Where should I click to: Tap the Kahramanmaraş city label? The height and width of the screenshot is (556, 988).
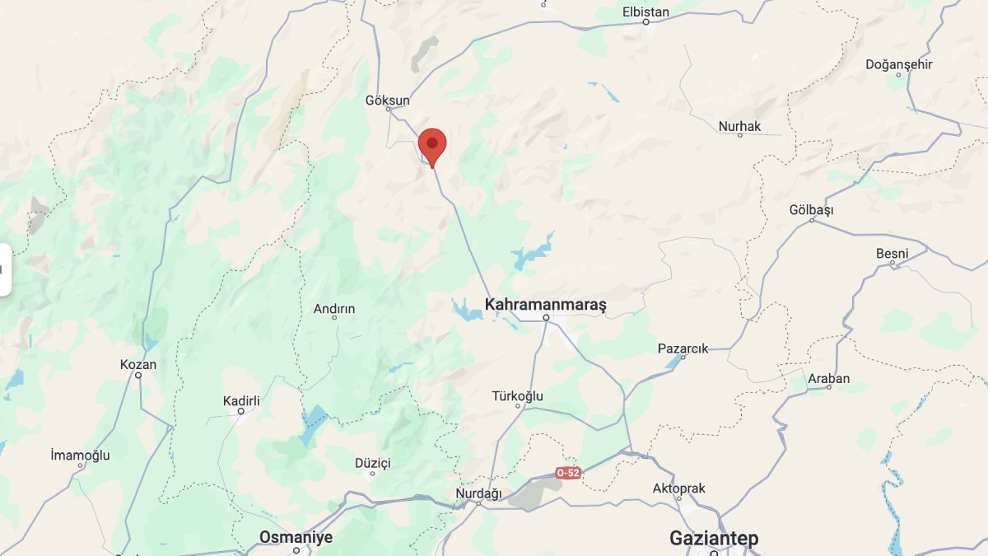[545, 305]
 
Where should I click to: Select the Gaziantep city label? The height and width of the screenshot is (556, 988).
[713, 539]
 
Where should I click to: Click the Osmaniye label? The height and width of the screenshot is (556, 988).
[296, 537]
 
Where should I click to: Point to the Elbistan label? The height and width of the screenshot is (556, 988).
[645, 12]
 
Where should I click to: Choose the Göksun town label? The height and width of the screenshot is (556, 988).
[387, 100]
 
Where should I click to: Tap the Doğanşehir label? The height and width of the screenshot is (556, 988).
[898, 64]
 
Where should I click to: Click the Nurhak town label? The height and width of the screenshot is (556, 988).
[739, 126]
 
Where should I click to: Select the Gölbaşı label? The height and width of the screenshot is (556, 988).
[811, 210]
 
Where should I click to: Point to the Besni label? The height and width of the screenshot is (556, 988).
[892, 253]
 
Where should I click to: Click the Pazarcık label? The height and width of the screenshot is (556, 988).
[683, 348]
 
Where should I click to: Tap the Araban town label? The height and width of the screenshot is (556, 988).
[828, 378]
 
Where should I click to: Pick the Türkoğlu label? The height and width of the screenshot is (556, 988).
[517, 396]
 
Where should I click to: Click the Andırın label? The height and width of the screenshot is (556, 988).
[334, 309]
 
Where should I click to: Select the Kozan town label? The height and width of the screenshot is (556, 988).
[138, 365]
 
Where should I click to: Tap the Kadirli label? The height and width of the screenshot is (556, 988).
[241, 401]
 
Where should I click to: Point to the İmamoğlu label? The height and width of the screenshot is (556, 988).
[80, 455]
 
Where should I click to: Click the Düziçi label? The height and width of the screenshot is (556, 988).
[372, 463]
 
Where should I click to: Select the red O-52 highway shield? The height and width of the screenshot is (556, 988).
[568, 473]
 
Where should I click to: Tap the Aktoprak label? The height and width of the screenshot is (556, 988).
[678, 488]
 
